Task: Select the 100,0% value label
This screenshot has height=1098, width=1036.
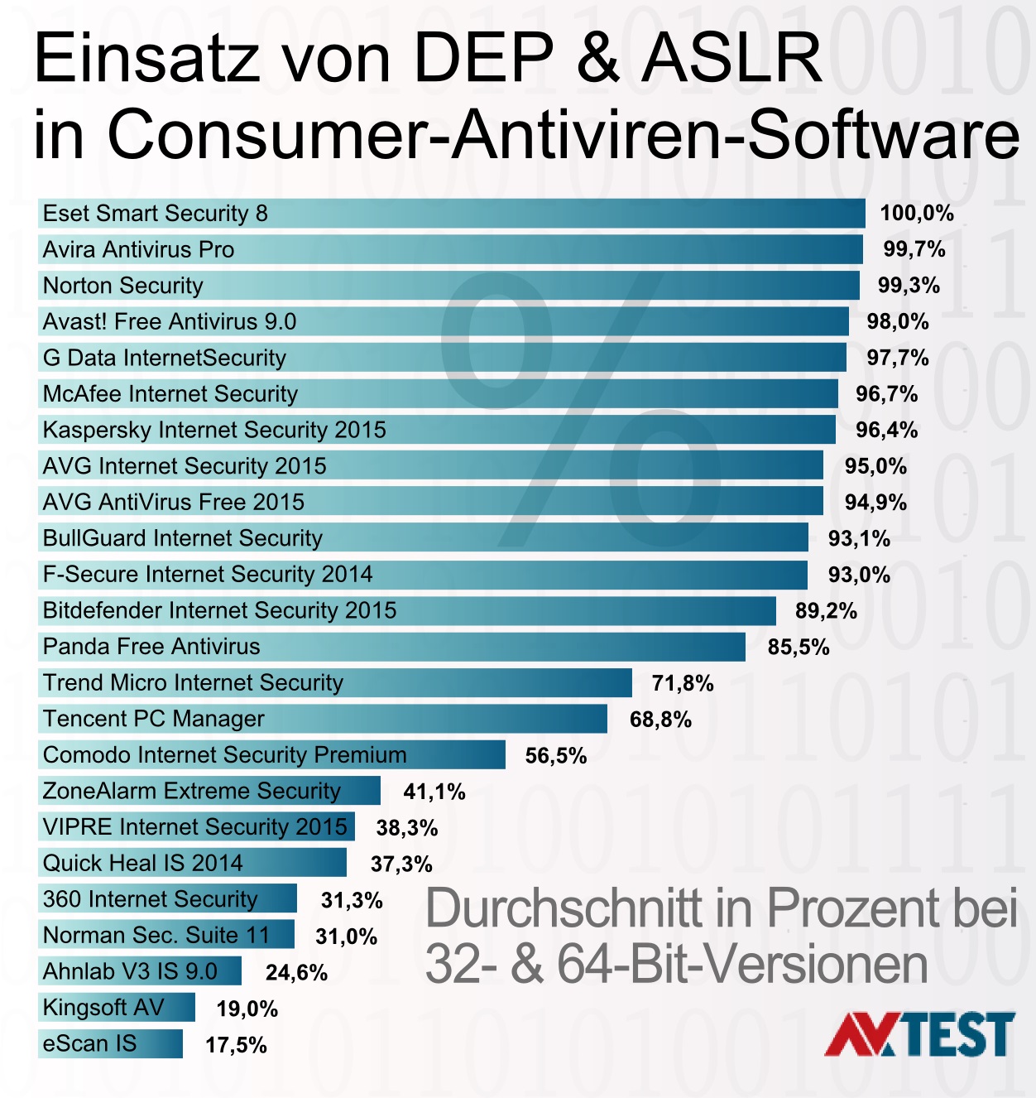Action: coord(916,214)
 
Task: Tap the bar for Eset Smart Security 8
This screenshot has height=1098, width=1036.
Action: coord(451,214)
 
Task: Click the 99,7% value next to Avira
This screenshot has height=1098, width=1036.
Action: coord(914,249)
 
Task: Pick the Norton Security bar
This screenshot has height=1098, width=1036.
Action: coord(448,286)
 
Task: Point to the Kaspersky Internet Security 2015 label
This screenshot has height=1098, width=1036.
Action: coord(214,430)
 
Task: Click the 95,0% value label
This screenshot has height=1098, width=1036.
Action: coord(875,466)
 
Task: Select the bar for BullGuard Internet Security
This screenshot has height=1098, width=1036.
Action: coord(423,538)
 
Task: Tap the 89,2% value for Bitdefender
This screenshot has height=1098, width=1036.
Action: coord(826,611)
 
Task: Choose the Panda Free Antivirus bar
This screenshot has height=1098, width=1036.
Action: coord(391,647)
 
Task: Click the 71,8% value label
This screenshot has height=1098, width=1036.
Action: coord(683,683)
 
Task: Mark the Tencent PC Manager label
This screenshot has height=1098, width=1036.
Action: coord(154,719)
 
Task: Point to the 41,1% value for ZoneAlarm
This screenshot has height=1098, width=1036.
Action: coord(434,792)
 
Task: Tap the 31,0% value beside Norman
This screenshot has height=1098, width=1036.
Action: coord(346,937)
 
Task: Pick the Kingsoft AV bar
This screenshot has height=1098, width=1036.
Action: coord(117,1008)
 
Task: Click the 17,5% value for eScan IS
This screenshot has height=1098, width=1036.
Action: coord(236,1045)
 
